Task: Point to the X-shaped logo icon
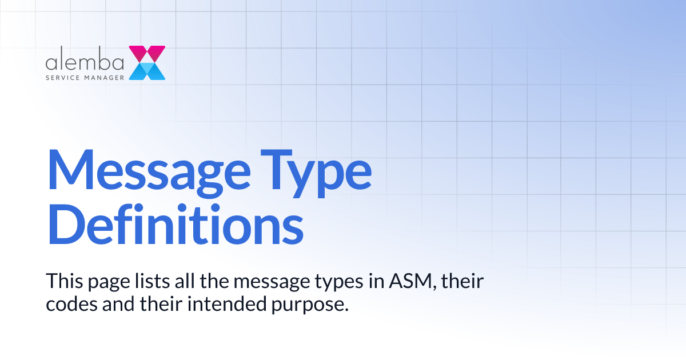(147, 63)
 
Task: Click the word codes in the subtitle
(69, 304)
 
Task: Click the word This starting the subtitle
(63, 281)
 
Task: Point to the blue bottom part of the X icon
(147, 72)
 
